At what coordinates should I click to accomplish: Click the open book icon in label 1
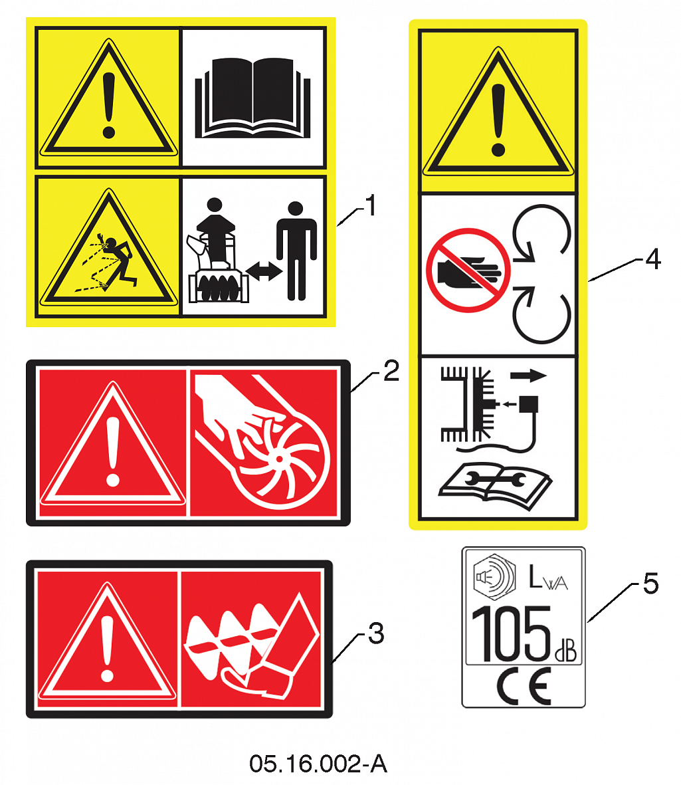click(252, 98)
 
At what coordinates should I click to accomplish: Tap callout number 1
click(370, 205)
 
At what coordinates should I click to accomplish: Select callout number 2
click(391, 371)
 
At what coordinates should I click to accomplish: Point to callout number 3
click(376, 633)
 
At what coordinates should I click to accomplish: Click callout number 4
click(653, 259)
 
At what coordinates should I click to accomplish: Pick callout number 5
click(650, 583)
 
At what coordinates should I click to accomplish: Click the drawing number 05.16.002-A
click(318, 764)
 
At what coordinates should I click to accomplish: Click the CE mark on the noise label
click(524, 685)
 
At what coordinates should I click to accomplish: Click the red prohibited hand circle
click(468, 271)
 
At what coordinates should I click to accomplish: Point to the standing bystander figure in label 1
click(296, 251)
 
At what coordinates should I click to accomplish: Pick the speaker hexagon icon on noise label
click(494, 577)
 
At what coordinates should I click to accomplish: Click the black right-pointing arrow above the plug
click(528, 375)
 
